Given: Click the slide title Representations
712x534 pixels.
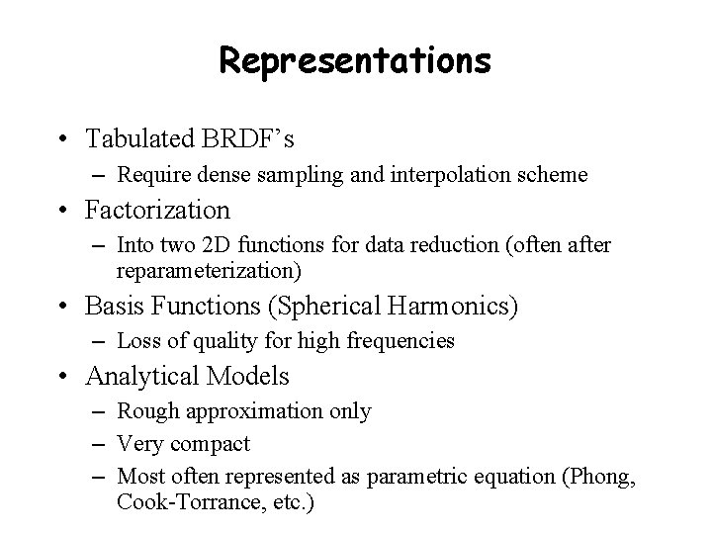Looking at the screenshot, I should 355,61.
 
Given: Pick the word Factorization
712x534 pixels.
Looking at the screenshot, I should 158,210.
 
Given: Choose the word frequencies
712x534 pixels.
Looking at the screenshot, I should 400,341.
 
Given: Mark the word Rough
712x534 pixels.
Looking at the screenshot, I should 144,410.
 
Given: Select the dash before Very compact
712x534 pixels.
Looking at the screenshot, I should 98,443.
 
